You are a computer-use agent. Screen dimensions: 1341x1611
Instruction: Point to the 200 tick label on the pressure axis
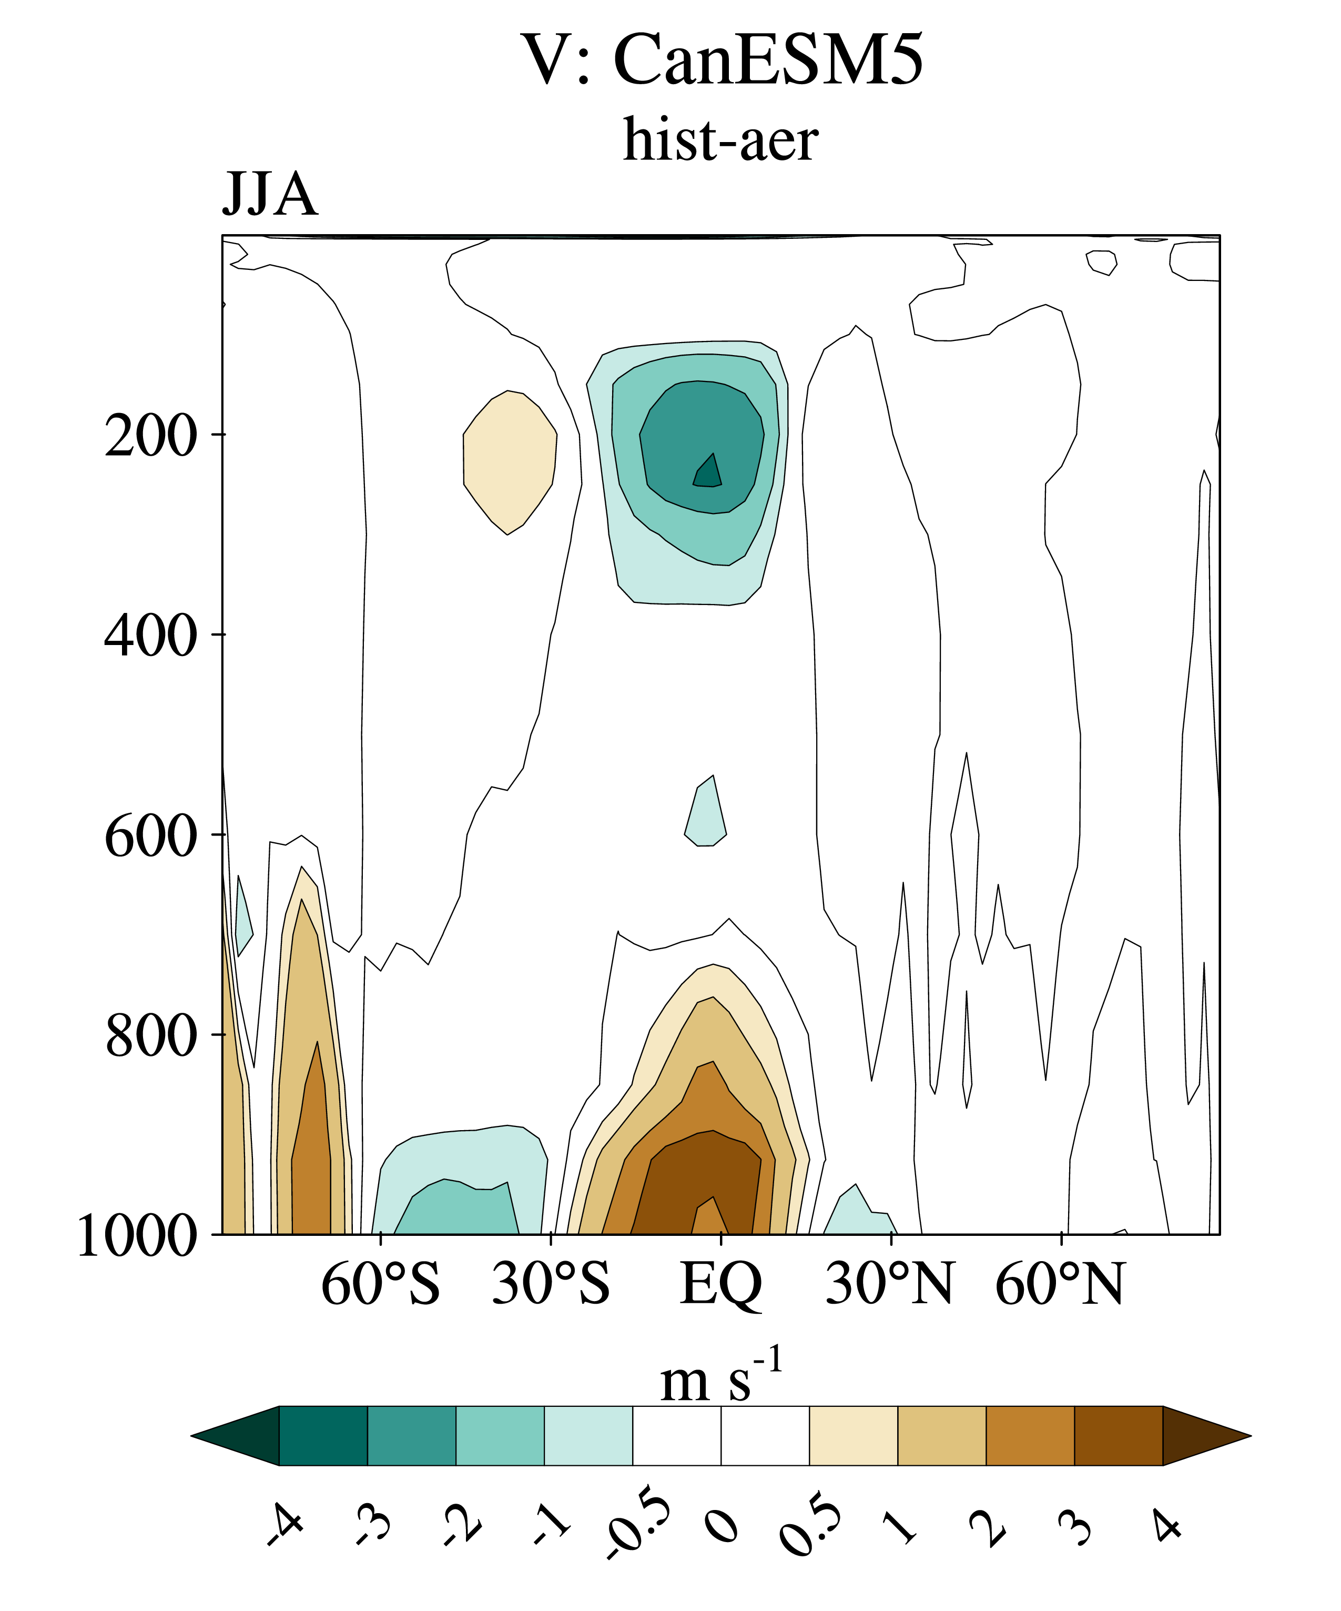coord(150,436)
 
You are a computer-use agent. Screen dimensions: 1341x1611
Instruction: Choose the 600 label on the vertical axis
coord(150,835)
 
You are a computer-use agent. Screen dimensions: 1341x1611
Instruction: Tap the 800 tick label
coord(150,1035)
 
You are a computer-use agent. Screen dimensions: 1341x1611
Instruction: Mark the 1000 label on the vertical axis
coord(137,1236)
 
